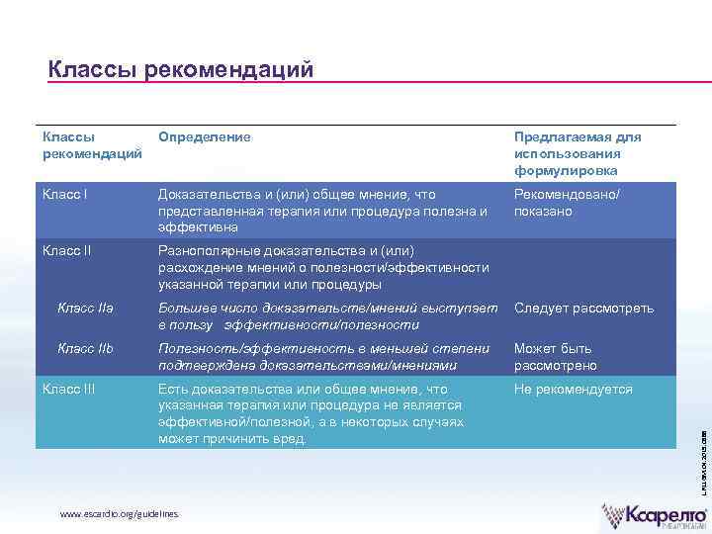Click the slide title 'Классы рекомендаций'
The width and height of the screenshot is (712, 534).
pyautogui.click(x=180, y=69)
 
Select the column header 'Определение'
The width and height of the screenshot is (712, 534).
pyautogui.click(x=205, y=136)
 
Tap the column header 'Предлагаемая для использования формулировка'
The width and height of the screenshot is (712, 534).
pyautogui.click(x=577, y=153)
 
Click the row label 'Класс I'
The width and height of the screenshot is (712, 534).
pyautogui.click(x=65, y=195)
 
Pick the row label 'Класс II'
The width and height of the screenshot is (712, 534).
pyautogui.click(x=67, y=250)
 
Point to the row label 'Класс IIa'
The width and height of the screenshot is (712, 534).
pyautogui.click(x=85, y=309)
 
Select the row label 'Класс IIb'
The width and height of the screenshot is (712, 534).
pyautogui.click(x=85, y=348)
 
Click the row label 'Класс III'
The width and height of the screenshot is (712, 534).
pyautogui.click(x=69, y=389)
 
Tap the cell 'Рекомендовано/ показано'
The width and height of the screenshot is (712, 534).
pyautogui.click(x=567, y=203)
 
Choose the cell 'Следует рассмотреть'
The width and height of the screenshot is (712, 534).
pyautogui.click(x=583, y=309)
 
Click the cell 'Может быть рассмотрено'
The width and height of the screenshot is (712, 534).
pyautogui.click(x=555, y=357)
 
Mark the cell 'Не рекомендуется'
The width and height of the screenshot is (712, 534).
pyautogui.click(x=573, y=389)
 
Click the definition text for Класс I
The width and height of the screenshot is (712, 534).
pyautogui.click(x=322, y=211)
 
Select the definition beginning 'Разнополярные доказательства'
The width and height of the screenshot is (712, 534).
pyautogui.click(x=322, y=267)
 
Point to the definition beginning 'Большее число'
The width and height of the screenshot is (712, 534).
pyautogui.click(x=327, y=316)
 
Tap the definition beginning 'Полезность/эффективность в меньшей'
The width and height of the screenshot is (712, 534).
pyautogui.click(x=323, y=356)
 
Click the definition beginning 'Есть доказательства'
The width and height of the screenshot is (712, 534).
pyautogui.click(x=310, y=413)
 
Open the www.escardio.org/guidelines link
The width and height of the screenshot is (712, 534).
pyautogui.click(x=120, y=515)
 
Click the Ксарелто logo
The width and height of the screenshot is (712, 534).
pyautogui.click(x=655, y=515)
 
